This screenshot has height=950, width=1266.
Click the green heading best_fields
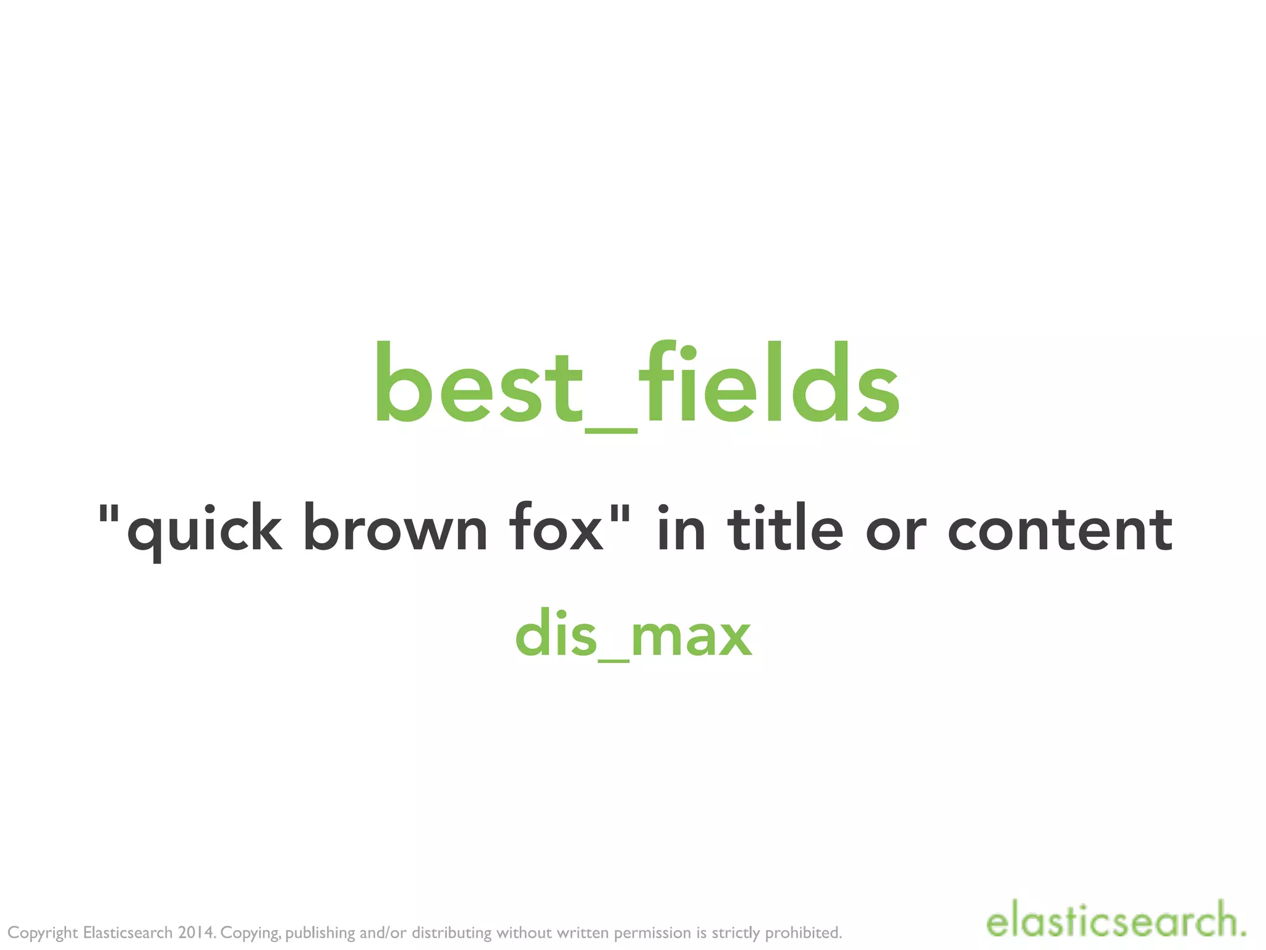click(637, 385)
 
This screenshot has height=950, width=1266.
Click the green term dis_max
click(633, 635)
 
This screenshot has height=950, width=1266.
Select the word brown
click(395, 529)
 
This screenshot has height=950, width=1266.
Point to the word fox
click(556, 529)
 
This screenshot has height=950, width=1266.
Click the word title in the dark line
click(785, 528)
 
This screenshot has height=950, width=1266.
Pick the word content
click(1060, 529)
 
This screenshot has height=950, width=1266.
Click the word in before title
click(680, 528)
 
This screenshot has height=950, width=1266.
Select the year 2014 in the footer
click(196, 932)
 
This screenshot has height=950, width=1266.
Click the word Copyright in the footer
click(43, 933)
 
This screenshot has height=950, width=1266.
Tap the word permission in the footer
click(652, 933)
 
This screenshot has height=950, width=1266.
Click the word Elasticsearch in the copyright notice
click(128, 932)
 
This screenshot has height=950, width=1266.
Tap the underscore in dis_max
click(614, 661)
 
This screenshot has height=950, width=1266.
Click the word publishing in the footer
click(320, 933)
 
